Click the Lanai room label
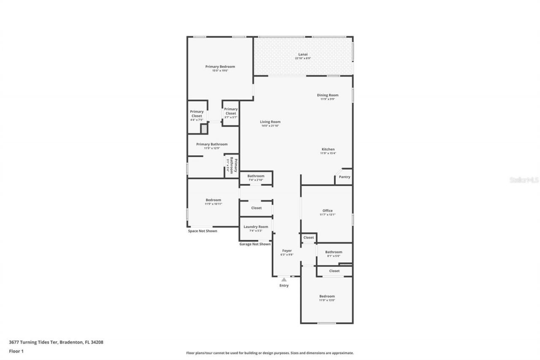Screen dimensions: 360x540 coord(303,54)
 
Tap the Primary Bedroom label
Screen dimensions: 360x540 coord(220,67)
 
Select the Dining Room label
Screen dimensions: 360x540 coord(327,95)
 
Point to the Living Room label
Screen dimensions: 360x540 coord(270,122)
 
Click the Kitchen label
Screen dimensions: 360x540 coord(328,149)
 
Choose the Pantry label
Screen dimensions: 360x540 coord(344,177)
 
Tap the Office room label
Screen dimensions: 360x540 coord(327,211)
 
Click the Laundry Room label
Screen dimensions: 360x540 coord(256,227)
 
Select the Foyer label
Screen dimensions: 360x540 coord(287,251)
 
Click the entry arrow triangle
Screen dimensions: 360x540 coord(284,279)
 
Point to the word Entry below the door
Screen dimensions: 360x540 coord(284,286)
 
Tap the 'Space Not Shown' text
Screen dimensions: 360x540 coord(202,231)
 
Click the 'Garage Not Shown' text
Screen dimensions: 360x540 coord(255,244)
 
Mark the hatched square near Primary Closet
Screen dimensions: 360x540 coord(204,129)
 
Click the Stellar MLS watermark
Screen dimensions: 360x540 coord(524,180)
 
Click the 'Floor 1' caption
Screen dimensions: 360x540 coord(16,351)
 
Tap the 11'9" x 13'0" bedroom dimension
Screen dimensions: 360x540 coord(327,300)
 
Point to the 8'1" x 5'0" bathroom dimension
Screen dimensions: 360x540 coord(333,256)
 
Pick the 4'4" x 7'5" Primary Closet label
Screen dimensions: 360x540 coord(197,120)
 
